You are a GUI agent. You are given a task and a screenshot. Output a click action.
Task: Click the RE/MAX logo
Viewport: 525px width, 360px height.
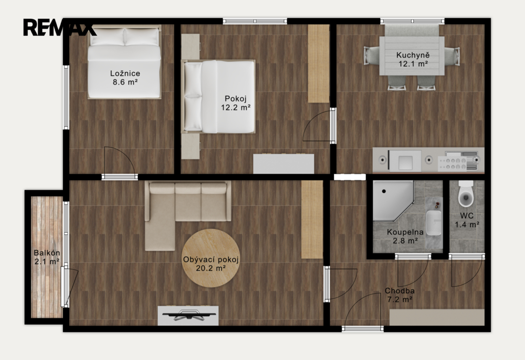(x=59, y=27)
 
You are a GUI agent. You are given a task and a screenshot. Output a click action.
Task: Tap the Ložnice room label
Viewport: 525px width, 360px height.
(x=125, y=73)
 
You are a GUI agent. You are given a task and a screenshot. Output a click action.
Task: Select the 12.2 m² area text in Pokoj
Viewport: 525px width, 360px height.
(x=236, y=108)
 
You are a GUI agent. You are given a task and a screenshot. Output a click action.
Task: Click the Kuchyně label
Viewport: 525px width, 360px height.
(x=413, y=55)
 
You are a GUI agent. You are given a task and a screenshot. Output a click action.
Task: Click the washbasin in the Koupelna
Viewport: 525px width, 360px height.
(x=434, y=223)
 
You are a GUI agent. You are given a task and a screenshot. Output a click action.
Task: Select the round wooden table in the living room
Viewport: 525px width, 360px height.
(x=211, y=258)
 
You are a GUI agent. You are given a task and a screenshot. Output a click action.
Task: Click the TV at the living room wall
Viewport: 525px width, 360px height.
(x=189, y=315)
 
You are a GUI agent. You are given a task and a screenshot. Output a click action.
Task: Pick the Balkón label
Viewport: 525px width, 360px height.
(x=47, y=253)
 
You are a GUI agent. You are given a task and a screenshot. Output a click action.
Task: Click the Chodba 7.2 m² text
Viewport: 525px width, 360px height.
(x=400, y=295)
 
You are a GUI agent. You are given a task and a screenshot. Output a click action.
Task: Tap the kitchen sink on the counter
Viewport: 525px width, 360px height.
(x=405, y=159)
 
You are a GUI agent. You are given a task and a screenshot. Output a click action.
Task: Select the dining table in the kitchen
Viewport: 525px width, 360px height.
(x=412, y=56)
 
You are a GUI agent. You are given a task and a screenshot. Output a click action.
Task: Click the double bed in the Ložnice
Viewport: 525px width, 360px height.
(x=124, y=63)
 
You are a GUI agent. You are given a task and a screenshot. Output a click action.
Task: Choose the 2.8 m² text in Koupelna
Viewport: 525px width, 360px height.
(x=405, y=241)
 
